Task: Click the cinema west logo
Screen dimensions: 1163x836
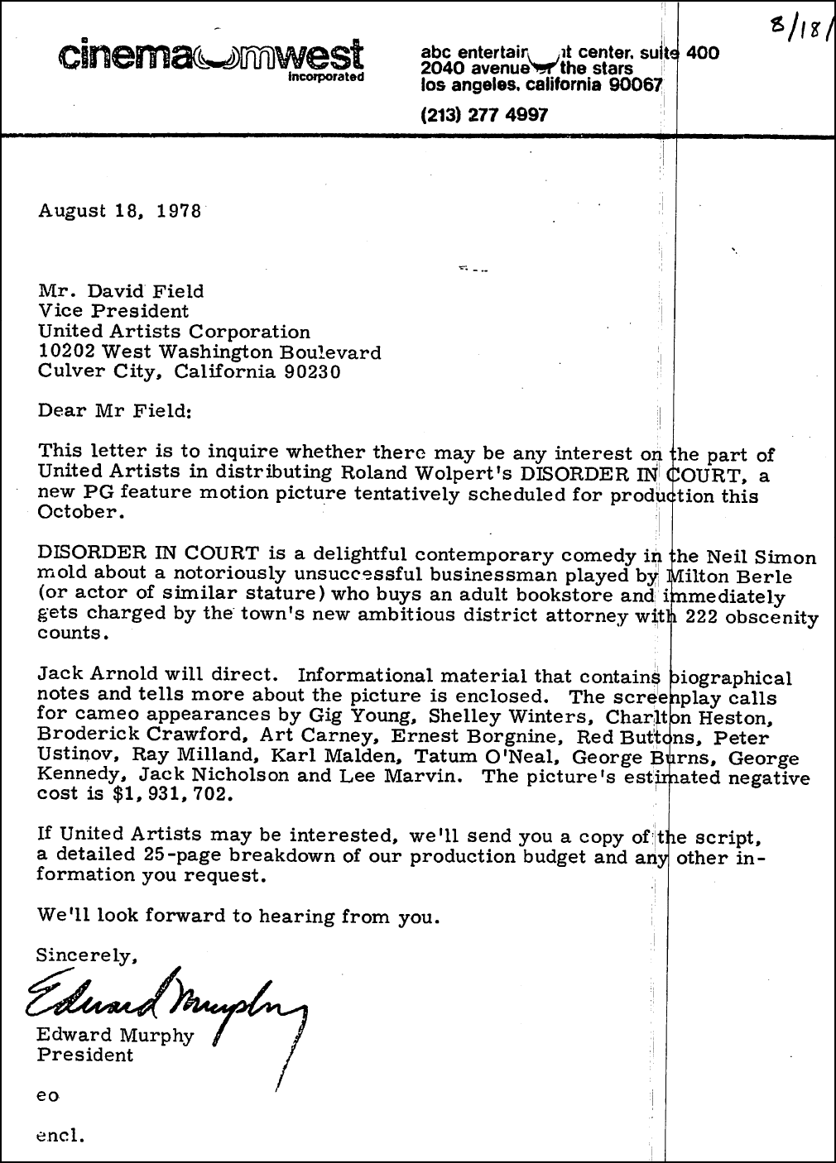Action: [x=210, y=56]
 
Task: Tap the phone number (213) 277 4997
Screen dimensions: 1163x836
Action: [x=484, y=114]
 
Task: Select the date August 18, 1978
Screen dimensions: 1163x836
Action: [x=120, y=210]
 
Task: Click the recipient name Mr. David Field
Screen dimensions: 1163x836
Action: [x=121, y=291]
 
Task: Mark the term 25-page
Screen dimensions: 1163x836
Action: [x=230, y=856]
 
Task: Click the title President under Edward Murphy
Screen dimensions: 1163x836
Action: [x=84, y=1055]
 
